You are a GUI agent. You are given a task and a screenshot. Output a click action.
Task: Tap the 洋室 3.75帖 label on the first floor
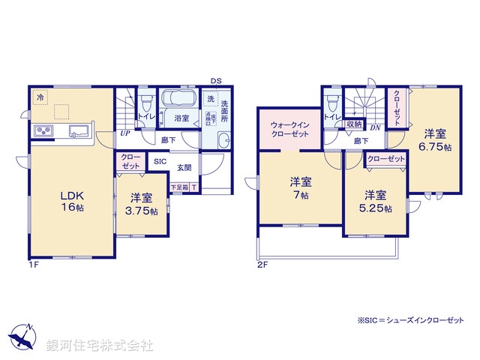click(x=142, y=205)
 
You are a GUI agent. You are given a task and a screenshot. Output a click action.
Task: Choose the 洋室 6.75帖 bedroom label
click(x=436, y=140)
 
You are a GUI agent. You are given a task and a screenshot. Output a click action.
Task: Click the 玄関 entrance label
click(x=184, y=167)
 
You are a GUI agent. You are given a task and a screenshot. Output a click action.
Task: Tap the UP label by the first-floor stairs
click(x=124, y=133)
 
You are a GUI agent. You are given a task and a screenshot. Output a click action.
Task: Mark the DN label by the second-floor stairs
click(x=376, y=127)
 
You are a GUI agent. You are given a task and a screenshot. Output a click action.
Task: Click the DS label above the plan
click(x=216, y=80)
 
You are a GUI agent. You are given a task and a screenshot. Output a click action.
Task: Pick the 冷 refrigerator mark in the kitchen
click(x=39, y=97)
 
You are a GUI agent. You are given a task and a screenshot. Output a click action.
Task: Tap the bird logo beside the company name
click(x=22, y=337)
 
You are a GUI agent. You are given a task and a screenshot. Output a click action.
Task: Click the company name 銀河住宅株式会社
click(x=100, y=346)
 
